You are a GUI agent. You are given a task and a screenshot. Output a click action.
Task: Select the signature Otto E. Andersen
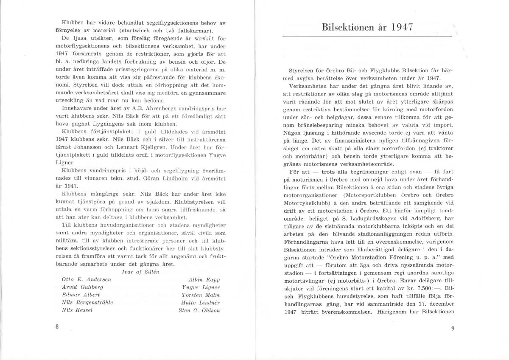pos(80,280)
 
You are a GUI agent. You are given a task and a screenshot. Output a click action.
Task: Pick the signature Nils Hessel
pos(76,310)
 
